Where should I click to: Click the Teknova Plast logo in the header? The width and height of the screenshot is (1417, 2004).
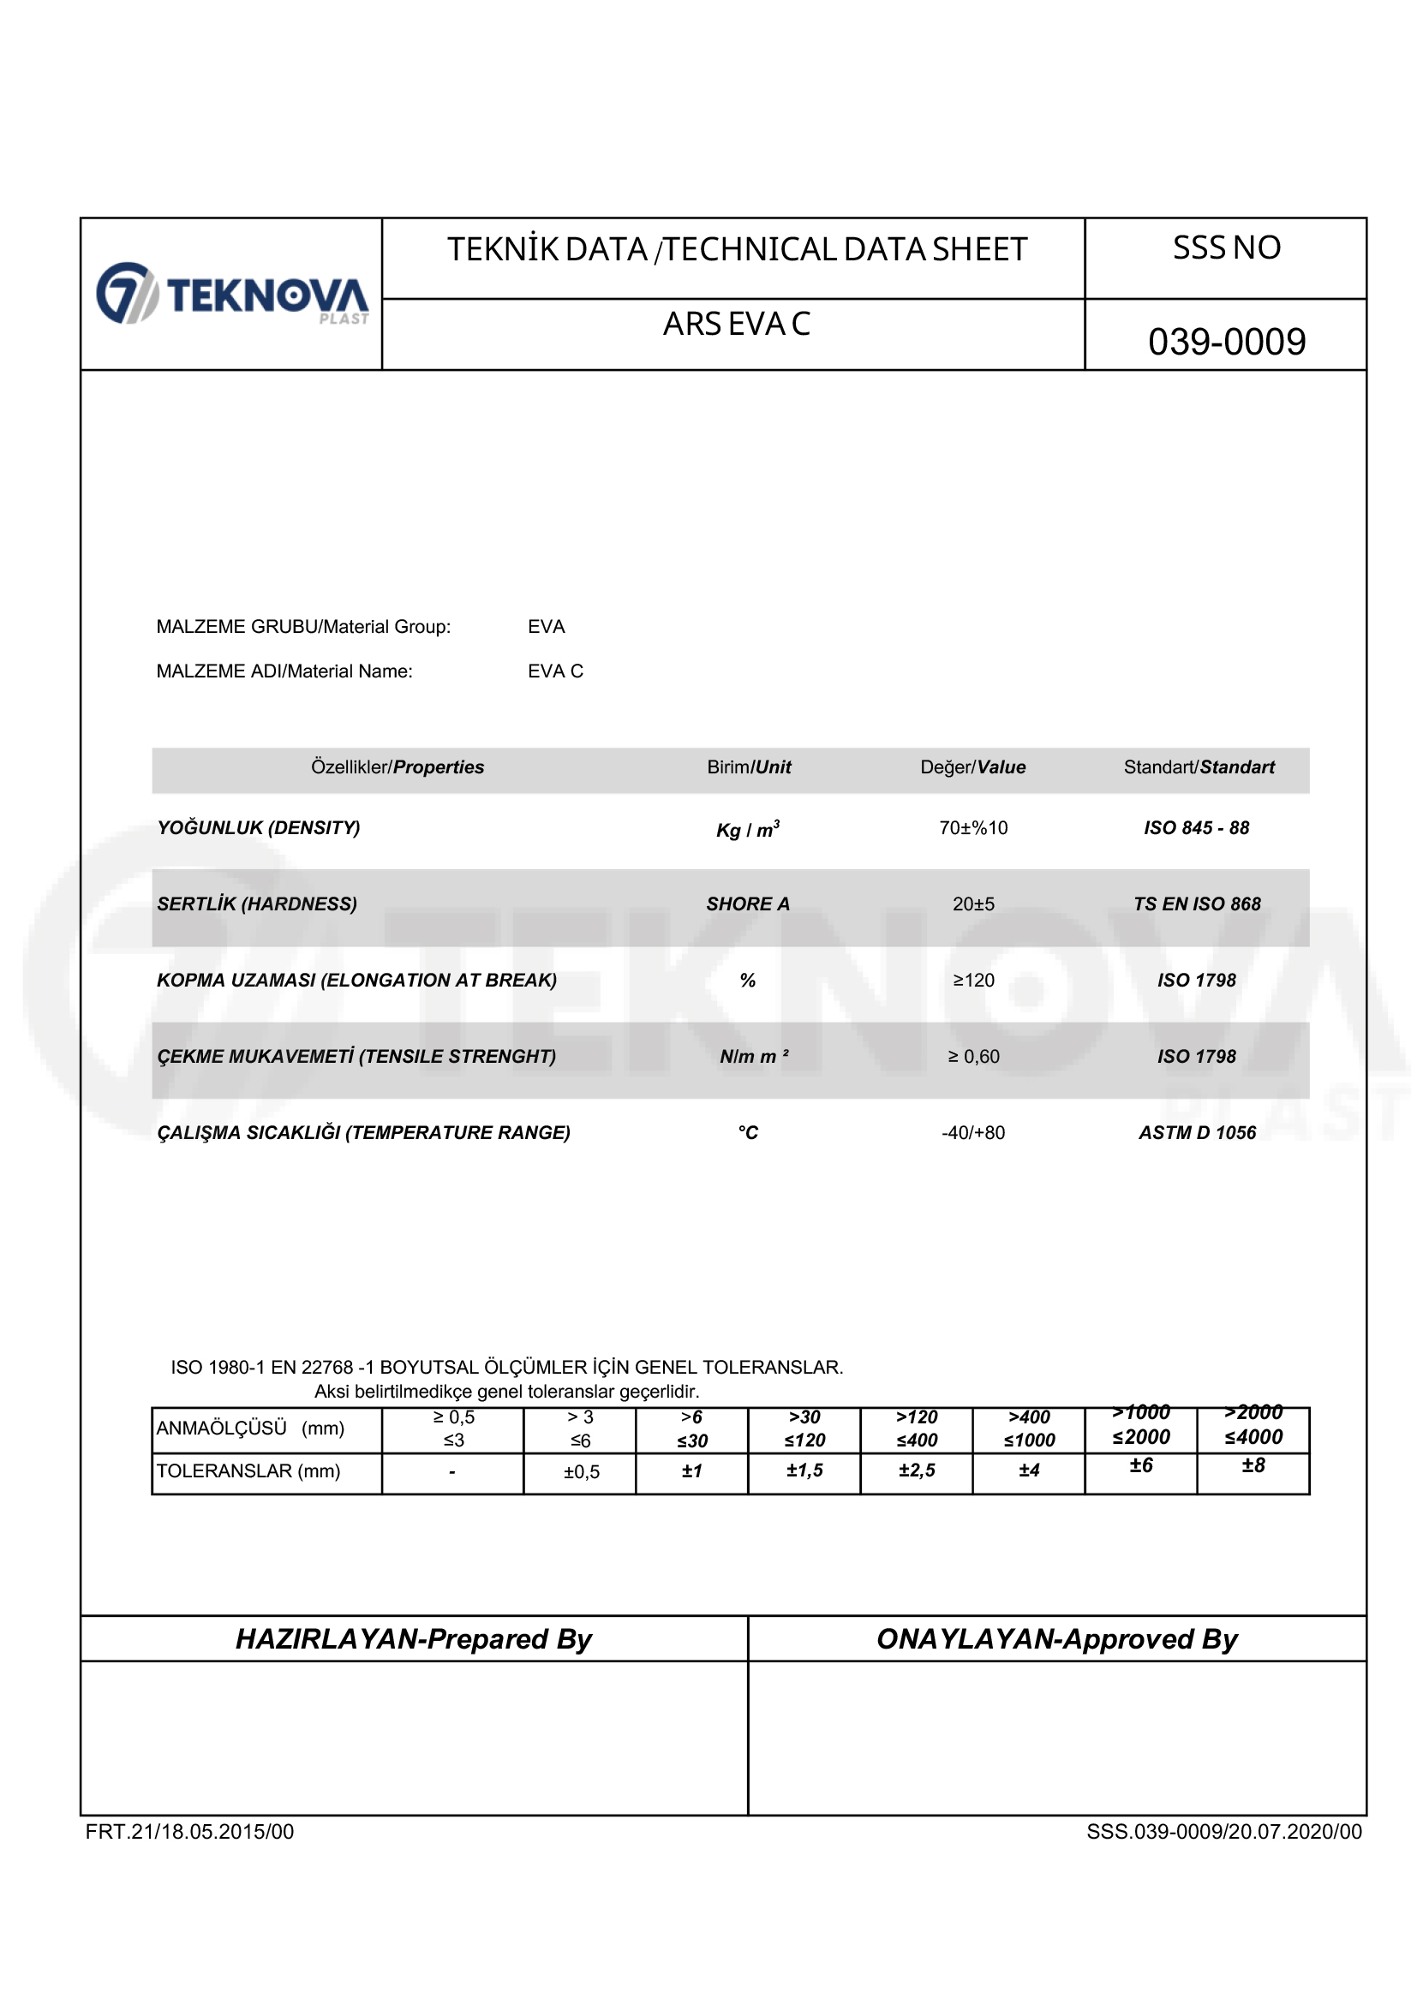click(232, 294)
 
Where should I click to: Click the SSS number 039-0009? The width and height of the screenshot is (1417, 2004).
click(1226, 341)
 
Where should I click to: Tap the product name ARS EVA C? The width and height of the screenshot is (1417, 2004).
click(736, 324)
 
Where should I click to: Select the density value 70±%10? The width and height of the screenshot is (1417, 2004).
click(972, 827)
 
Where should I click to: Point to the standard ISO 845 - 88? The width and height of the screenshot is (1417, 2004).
click(1196, 827)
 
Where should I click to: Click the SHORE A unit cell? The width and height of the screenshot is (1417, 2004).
click(747, 904)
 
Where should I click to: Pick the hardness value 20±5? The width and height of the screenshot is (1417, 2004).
click(972, 904)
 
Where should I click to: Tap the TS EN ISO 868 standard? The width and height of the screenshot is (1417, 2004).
click(1196, 904)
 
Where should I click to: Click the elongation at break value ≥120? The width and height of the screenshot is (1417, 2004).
click(972, 981)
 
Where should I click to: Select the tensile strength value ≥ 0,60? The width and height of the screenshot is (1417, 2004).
click(972, 1057)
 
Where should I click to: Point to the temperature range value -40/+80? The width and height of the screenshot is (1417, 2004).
click(972, 1133)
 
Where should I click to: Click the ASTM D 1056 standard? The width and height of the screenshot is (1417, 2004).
click(1196, 1133)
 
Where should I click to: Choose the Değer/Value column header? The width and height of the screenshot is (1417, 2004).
click(972, 767)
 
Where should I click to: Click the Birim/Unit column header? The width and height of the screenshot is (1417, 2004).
click(748, 767)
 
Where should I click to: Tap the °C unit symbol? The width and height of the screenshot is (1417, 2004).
click(747, 1133)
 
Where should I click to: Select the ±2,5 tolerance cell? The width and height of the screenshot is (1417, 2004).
click(916, 1470)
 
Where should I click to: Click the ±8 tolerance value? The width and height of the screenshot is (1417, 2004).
click(1253, 1465)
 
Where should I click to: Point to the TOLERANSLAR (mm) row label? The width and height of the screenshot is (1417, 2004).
click(248, 1470)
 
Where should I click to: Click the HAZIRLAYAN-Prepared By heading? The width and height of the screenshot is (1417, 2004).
click(414, 1639)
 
